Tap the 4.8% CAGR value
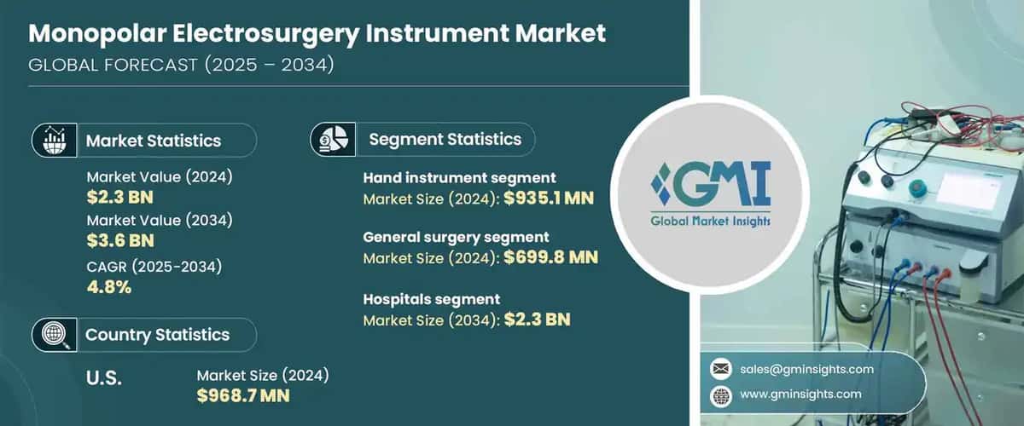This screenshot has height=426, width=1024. tap(109, 286)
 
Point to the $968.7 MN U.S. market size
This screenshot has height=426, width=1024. tap(243, 394)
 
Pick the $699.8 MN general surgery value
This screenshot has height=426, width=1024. tap(551, 257)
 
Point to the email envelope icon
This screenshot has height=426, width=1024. tap(721, 369)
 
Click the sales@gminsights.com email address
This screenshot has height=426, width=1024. tap(806, 369)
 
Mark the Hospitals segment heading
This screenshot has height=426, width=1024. tap(431, 299)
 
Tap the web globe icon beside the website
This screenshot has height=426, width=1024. tap(721, 394)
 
